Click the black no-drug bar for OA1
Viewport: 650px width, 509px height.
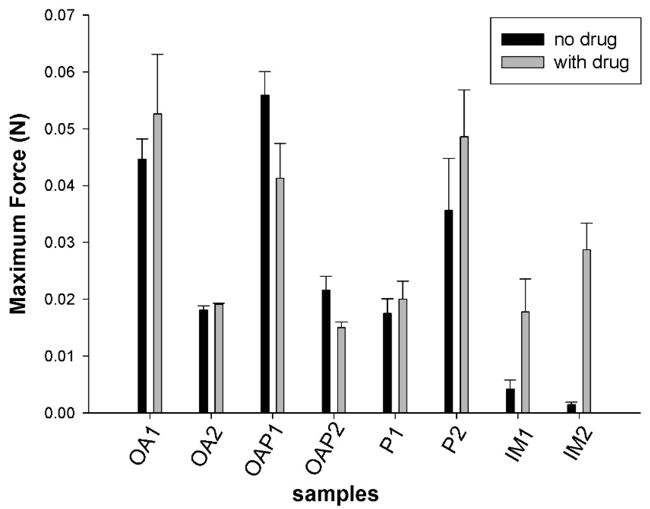coord(142,286)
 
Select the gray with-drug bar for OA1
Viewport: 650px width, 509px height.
coord(157,263)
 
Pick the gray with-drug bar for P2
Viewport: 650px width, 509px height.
coord(464,274)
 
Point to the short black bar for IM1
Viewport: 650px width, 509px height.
coord(510,401)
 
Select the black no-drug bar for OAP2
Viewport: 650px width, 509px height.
coord(326,351)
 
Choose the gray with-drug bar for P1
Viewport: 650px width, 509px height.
coord(403,356)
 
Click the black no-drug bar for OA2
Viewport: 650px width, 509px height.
coord(203,361)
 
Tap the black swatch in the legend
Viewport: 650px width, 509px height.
coord(522,39)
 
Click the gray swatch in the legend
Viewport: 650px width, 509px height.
coord(522,62)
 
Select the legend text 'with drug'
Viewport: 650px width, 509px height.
coord(591,62)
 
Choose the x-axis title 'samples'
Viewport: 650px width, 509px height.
coord(335,494)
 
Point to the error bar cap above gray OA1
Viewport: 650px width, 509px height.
coord(157,54)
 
